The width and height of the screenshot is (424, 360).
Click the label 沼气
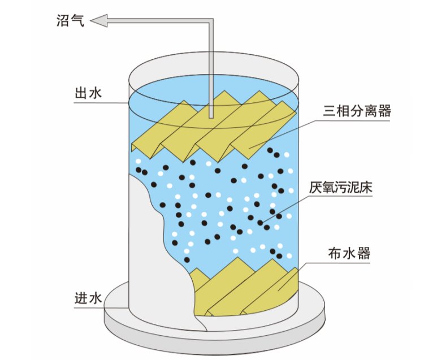(x=70, y=22)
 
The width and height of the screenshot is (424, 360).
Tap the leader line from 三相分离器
(x=283, y=133)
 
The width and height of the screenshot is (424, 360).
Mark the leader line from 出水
(x=116, y=103)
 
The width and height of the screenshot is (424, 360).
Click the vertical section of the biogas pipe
(x=210, y=68)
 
